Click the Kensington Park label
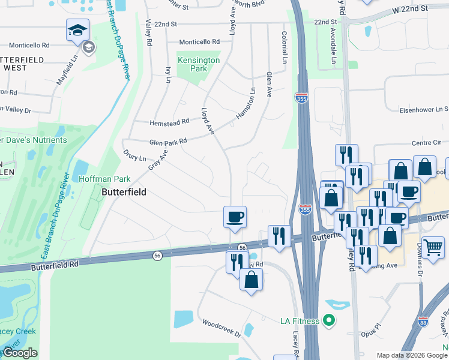198,64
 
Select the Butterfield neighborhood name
125,193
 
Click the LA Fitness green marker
328,320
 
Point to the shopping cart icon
433,246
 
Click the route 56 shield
243,247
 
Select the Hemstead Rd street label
170,121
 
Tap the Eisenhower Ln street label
425,110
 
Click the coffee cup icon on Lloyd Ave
235,215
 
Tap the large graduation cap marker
77,30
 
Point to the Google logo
19,353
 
